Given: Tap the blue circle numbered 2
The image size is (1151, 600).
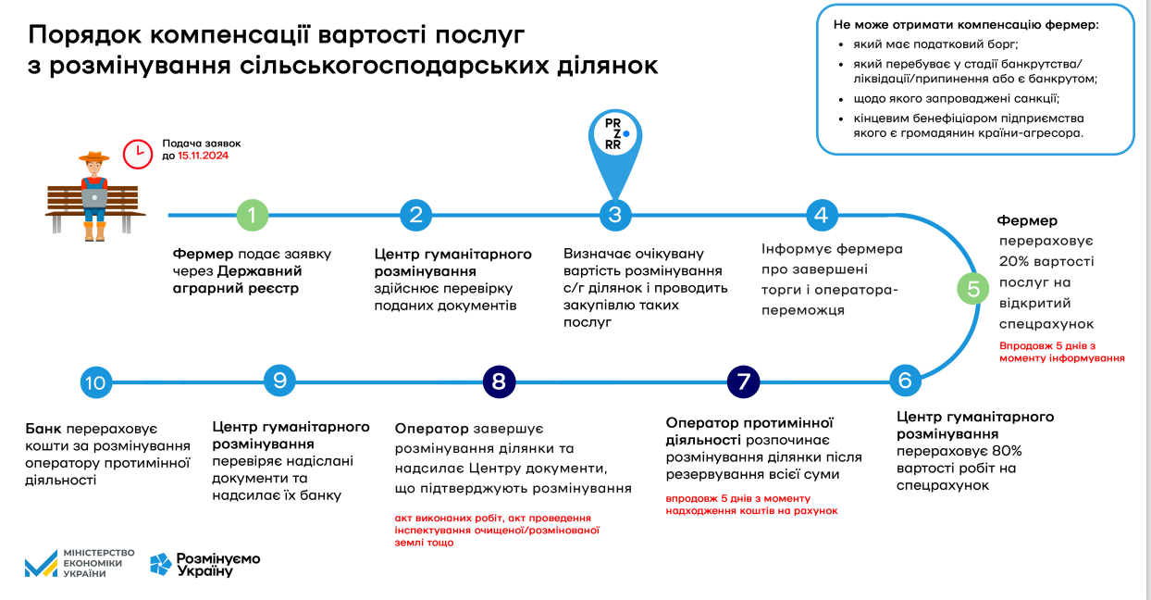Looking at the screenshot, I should (416, 215).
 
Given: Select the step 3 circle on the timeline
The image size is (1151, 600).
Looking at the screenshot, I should (614, 215).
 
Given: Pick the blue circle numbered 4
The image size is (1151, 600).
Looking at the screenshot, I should (821, 215).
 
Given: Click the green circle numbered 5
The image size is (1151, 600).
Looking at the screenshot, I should (973, 289).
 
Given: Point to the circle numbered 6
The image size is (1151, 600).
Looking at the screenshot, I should (905, 381).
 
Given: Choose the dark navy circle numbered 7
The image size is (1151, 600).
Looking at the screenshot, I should (743, 381).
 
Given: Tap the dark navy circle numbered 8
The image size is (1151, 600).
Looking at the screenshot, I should (499, 381).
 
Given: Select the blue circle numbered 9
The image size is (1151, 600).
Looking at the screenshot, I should (279, 380).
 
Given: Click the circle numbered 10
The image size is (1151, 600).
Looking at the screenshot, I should (96, 382).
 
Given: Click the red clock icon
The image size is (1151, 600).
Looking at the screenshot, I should (138, 154).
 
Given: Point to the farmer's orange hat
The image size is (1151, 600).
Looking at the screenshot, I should (93, 157).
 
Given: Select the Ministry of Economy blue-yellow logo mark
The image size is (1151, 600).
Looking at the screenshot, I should (41, 563).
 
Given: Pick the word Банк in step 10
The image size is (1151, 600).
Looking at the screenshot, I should (44, 430).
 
